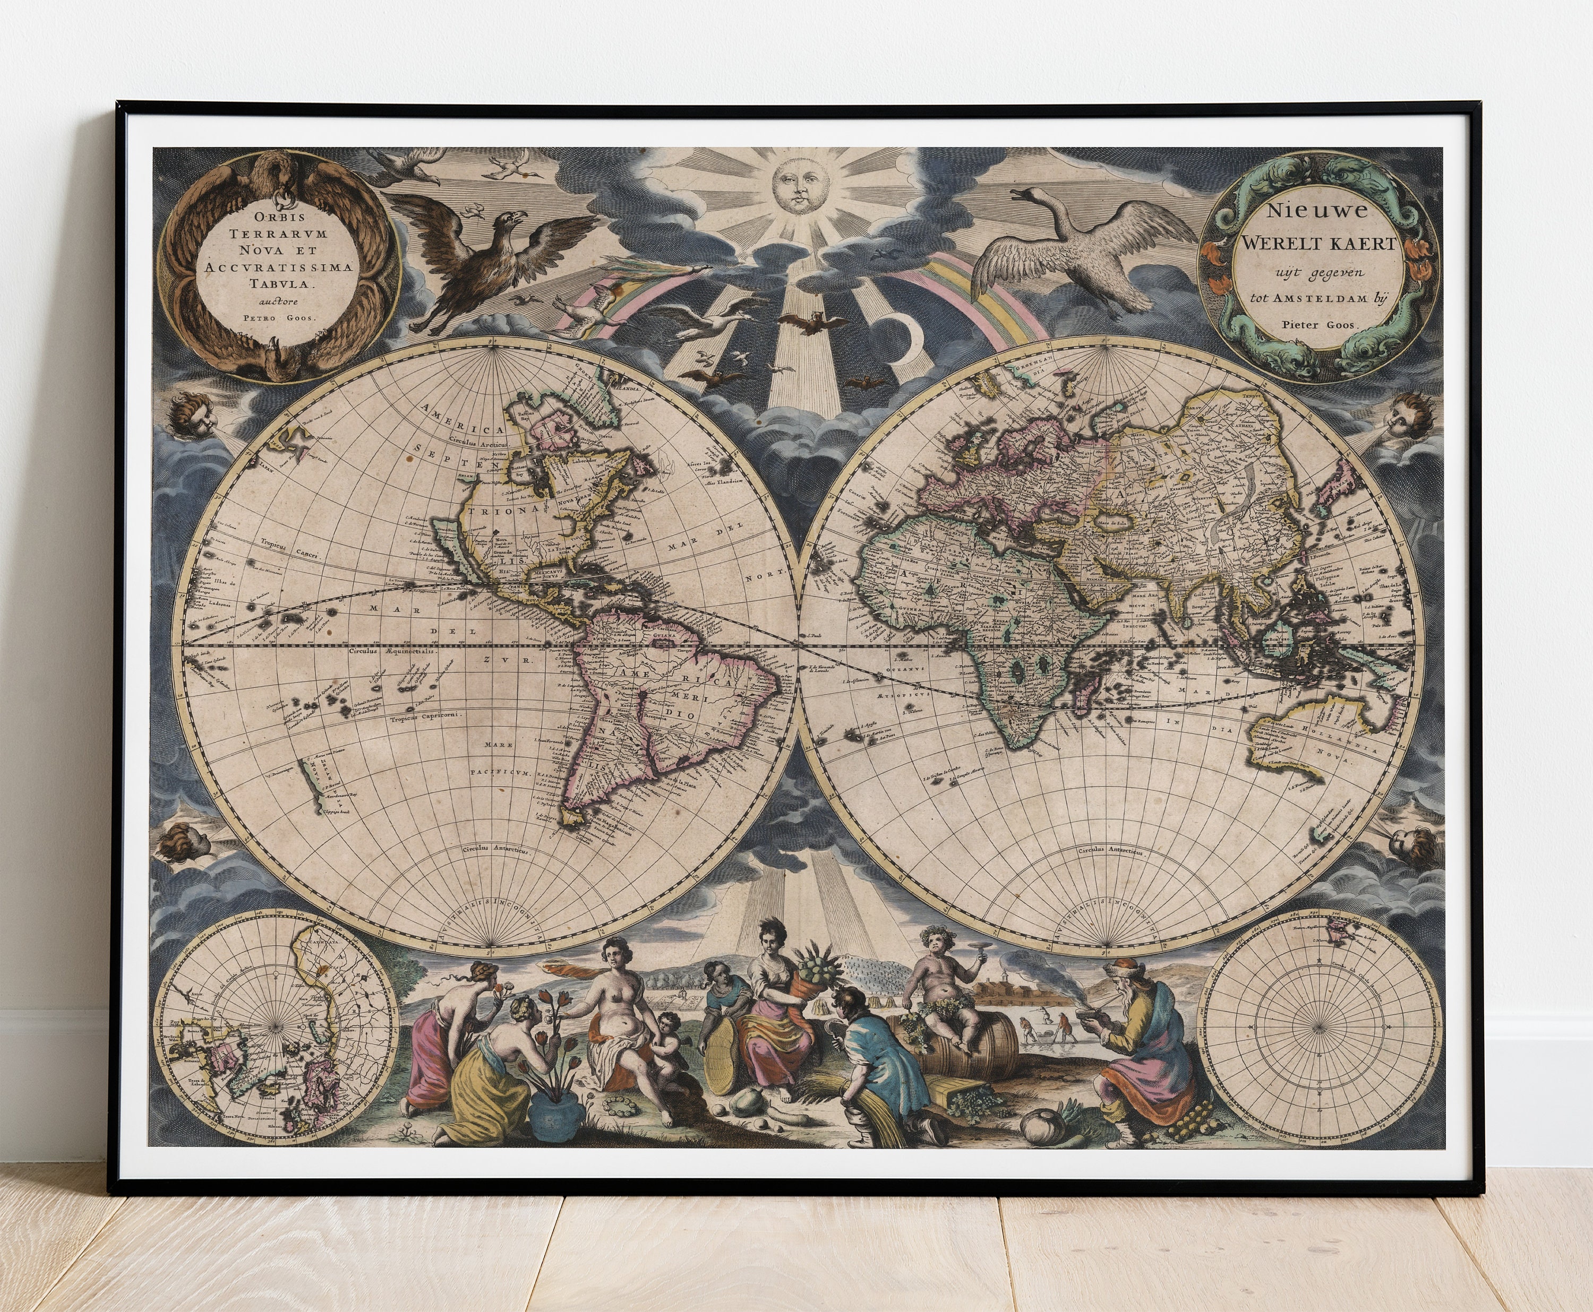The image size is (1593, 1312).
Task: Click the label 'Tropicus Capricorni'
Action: click(429, 713)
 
